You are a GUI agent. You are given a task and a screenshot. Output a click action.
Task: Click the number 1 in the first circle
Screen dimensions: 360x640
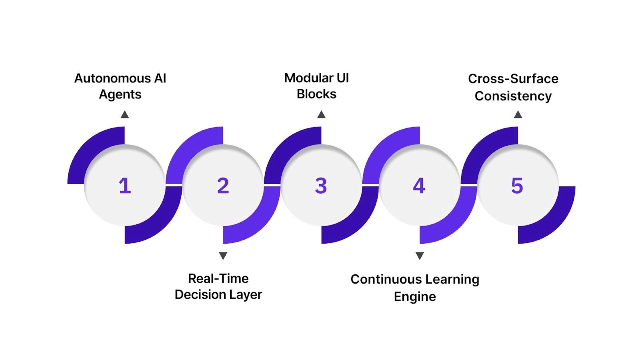click(x=125, y=186)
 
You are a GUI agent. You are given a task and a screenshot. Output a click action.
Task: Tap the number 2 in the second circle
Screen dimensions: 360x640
click(x=223, y=186)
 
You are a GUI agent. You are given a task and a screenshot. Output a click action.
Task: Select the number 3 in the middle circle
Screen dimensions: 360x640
click(x=321, y=186)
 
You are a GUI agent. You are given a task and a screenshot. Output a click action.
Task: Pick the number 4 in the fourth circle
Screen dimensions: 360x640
click(x=419, y=186)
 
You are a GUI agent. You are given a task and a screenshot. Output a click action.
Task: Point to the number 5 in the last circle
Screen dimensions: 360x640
click(x=517, y=186)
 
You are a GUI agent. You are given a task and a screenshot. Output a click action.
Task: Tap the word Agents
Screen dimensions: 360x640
click(x=120, y=94)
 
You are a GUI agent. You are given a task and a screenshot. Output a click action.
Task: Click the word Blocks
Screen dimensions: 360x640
click(x=316, y=94)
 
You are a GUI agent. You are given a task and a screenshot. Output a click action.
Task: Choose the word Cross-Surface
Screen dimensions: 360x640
click(x=513, y=78)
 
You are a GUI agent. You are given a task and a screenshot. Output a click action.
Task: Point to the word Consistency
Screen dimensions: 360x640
click(x=513, y=96)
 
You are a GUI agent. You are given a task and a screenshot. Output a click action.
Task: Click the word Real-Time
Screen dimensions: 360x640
click(x=218, y=278)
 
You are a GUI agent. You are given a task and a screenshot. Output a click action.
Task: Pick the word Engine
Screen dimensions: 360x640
click(x=415, y=296)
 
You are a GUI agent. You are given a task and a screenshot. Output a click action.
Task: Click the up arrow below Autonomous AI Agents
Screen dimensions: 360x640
click(x=125, y=115)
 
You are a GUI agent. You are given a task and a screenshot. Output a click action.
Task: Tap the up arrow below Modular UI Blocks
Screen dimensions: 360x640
click(x=321, y=115)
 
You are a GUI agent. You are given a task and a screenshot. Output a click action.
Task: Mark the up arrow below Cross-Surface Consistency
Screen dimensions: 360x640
click(x=518, y=115)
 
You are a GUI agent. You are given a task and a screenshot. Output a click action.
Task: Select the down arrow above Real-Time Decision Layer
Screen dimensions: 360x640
click(x=223, y=256)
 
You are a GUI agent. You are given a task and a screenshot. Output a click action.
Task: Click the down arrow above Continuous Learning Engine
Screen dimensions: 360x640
click(x=420, y=256)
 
